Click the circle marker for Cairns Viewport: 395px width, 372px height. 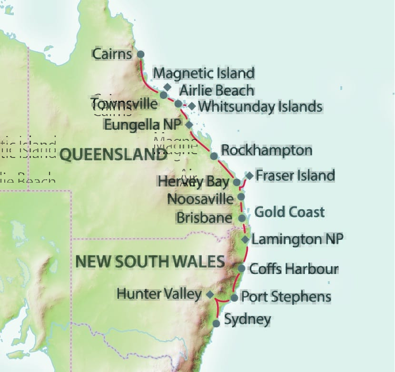[x=140, y=54]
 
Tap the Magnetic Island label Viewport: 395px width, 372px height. [x=204, y=74]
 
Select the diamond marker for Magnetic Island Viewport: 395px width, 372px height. [x=167, y=87]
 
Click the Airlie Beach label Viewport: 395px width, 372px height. [x=217, y=90]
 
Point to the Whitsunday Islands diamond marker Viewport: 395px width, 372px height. [x=192, y=106]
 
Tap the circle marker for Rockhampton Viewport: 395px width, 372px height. [x=214, y=156]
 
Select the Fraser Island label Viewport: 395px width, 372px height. [x=295, y=175]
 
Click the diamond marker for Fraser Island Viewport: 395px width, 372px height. [x=249, y=175]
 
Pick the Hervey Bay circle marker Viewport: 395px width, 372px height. [x=237, y=182]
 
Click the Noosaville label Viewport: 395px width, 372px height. [x=200, y=199]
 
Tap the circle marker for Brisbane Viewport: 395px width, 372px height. [x=241, y=218]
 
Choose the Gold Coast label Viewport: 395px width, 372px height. [x=289, y=212]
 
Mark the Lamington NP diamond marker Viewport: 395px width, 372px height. [x=245, y=239]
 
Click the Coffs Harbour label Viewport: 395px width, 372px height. [x=294, y=268]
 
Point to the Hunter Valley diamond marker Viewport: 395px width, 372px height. [x=210, y=294]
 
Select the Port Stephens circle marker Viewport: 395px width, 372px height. [x=234, y=298]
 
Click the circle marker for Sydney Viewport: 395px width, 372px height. [x=216, y=323]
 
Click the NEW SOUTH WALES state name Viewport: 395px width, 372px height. [x=150, y=261]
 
